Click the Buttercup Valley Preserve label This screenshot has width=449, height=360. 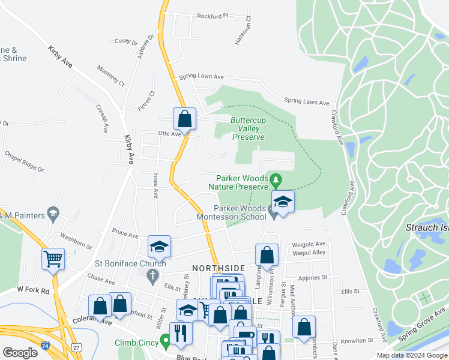pos(247,128)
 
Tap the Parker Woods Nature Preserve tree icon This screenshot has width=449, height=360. pos(276,179)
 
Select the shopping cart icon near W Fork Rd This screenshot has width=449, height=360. pos(53,260)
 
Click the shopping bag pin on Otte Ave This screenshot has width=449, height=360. pos(184,118)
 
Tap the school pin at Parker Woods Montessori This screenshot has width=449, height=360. pos(283,202)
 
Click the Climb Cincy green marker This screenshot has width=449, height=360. pos(165,343)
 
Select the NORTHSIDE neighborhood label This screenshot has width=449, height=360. pos(218,268)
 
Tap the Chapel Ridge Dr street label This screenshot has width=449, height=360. pos(25,161)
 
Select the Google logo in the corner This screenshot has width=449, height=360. pos(20,353)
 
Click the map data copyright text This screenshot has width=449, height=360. pos(411,355)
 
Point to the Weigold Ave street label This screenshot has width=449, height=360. pos(309,244)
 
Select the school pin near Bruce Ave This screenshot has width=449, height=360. pos(160,246)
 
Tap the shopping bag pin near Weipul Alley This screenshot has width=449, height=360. pos(267,254)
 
